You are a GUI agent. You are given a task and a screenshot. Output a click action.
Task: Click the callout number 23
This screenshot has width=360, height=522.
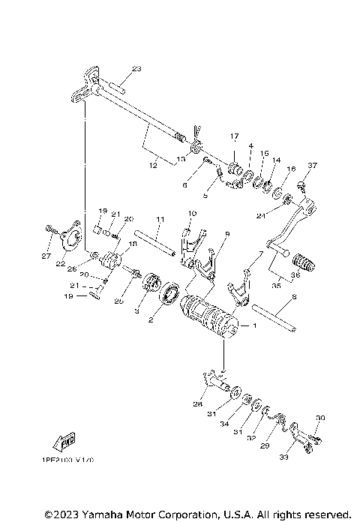[136, 69]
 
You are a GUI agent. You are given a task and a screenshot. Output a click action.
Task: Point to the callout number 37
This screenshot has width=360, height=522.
[313, 165]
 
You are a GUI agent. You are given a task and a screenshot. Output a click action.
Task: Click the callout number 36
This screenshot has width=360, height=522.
[295, 274]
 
